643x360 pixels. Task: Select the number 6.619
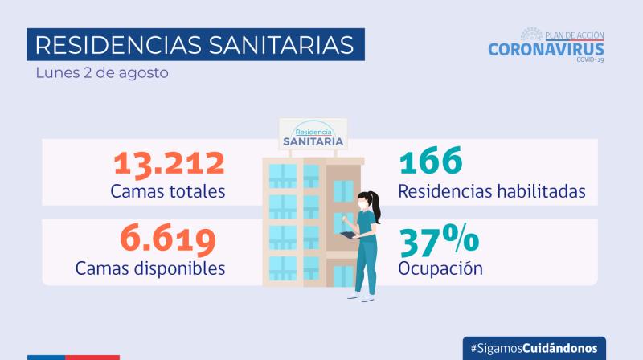168,238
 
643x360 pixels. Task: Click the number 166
431,162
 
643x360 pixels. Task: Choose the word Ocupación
440,267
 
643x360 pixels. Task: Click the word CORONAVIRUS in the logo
546,49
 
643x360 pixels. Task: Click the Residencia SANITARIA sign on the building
312,133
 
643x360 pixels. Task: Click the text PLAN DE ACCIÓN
574,35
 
